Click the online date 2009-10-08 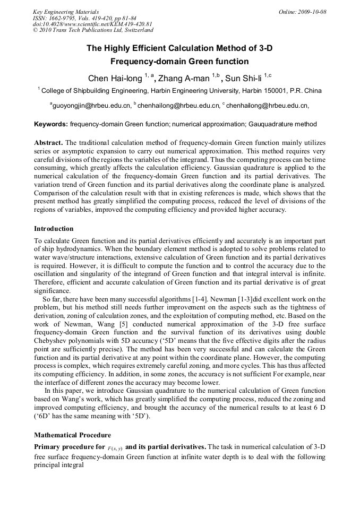(312, 11)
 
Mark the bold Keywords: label (51, 124)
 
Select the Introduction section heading (54, 229)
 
